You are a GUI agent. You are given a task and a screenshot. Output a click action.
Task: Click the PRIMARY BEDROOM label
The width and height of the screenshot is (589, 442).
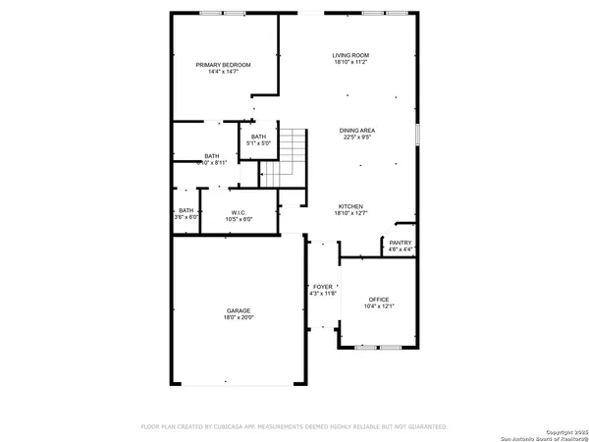coord(223,65)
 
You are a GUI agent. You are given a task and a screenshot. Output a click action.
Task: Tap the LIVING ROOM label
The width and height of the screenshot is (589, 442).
coord(350,55)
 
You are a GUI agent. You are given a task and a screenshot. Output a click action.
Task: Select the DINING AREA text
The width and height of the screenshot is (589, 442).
coord(357,131)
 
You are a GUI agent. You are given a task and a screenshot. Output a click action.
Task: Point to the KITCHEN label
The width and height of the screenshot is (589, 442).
coord(350,206)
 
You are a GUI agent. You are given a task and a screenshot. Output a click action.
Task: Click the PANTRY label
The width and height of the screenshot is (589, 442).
coord(400,243)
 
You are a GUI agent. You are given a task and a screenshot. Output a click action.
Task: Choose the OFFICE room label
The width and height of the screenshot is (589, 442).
coord(379,300)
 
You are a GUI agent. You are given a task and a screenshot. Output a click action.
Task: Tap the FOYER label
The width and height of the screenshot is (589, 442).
coord(323,286)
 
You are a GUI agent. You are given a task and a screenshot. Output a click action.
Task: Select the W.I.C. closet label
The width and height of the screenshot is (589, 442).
coord(239,212)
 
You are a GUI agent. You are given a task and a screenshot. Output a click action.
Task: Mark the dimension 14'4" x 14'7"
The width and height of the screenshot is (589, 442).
coord(223,72)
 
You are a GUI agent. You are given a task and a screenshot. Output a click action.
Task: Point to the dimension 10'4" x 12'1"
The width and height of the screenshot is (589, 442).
coord(379,306)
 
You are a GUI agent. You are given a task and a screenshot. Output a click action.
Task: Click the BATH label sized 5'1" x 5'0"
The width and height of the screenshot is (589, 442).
coord(258,137)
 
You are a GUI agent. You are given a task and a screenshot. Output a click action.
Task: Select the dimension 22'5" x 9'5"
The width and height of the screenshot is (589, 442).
coord(357,138)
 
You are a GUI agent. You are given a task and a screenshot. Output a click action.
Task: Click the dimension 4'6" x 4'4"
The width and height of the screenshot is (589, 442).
coord(400,249)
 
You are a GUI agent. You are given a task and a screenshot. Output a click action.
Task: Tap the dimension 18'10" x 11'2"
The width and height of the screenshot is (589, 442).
coord(350,62)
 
